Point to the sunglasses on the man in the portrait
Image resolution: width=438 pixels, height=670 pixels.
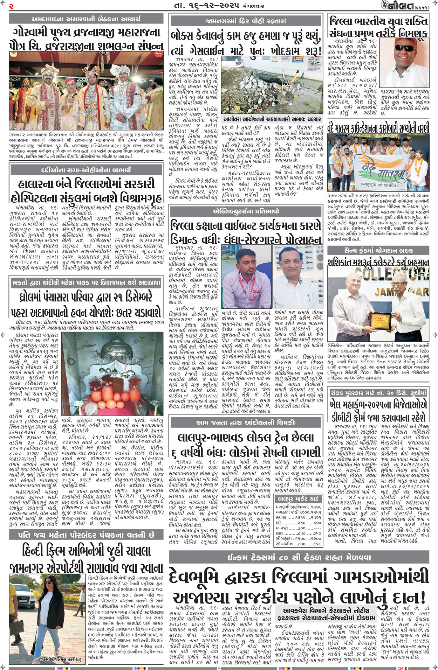(x=404, y=48)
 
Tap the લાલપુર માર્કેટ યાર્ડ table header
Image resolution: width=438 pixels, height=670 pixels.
(x=298, y=498)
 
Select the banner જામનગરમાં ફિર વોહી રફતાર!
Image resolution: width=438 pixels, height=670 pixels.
(x=245, y=21)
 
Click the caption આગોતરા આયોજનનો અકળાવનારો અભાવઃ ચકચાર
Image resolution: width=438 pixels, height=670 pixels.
(x=272, y=119)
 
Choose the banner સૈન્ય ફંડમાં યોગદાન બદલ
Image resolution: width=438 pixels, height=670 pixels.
(x=378, y=250)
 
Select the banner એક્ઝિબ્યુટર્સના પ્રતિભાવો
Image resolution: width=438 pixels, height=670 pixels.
(x=245, y=211)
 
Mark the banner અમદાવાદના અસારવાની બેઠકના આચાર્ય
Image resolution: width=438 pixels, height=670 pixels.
(x=86, y=19)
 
